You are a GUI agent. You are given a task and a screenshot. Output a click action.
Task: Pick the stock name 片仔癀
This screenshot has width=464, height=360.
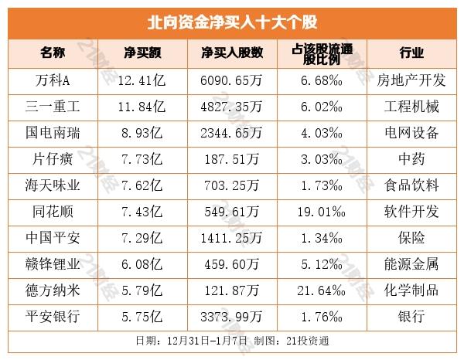[x=53, y=159]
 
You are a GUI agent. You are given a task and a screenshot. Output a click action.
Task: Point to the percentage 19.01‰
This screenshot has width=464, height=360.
[x=319, y=212]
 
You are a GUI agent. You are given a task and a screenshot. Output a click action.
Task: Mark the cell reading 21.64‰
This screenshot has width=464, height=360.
[x=319, y=290]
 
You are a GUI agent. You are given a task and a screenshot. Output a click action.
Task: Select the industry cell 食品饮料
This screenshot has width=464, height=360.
[x=411, y=185]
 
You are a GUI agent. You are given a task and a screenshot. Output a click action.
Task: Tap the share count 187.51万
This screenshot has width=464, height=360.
[x=232, y=159]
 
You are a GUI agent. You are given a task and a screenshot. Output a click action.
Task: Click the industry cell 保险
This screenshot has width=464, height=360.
[x=411, y=238]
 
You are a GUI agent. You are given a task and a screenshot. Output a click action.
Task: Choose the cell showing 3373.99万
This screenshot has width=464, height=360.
[x=232, y=317]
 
